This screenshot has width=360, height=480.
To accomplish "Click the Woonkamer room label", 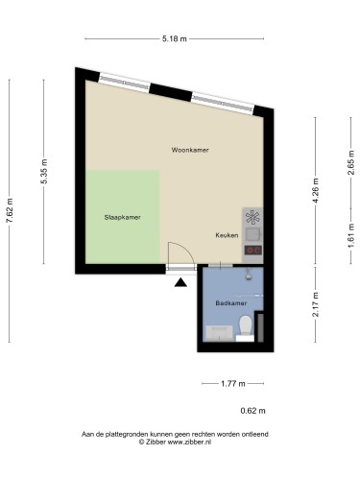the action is (190, 150).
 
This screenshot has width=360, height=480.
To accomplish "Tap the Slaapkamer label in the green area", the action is (122, 217).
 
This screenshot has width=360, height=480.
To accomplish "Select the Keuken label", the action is (227, 235).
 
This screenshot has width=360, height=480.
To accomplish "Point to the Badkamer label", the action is (231, 302).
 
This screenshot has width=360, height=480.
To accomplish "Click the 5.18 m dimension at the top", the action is (175, 39).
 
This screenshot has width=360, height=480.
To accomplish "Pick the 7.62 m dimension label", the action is (10, 210).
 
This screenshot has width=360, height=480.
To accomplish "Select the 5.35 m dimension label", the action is (44, 172).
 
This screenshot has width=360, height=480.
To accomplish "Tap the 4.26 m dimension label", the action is (316, 191).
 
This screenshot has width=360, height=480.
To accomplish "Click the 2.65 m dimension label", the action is (351, 162).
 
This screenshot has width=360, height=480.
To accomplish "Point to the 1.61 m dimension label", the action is (351, 235).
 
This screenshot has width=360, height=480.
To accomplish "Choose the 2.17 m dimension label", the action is (316, 304).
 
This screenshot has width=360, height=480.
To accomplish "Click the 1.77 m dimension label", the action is (233, 383).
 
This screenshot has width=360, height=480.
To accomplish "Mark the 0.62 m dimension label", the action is (252, 411).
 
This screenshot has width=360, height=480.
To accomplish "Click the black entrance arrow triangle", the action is (180, 282).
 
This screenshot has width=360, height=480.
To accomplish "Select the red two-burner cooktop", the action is (253, 251).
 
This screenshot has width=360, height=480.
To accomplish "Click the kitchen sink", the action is (253, 234).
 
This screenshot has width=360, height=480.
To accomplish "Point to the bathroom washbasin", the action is (219, 333).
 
